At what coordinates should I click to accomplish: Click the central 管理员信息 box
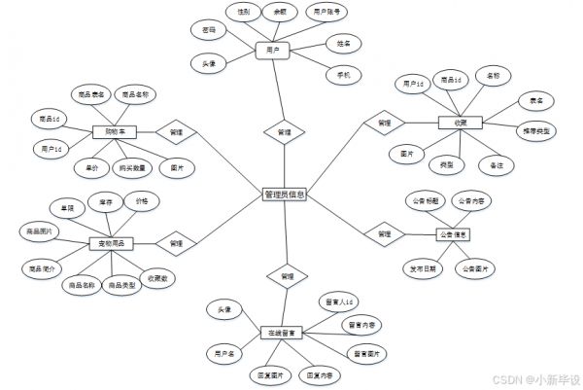tap(285, 195)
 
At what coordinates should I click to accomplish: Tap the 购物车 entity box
tap(115, 131)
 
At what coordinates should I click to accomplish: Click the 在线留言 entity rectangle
tap(284, 333)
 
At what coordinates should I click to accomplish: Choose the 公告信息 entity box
tap(453, 234)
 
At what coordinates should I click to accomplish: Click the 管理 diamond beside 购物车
tap(176, 131)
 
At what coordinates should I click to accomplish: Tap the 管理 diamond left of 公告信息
tap(384, 234)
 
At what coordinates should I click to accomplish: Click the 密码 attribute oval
tap(208, 31)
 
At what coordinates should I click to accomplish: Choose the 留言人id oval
tap(340, 303)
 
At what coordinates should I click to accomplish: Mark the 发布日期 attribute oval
tap(421, 267)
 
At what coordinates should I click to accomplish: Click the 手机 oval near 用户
tap(343, 75)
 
